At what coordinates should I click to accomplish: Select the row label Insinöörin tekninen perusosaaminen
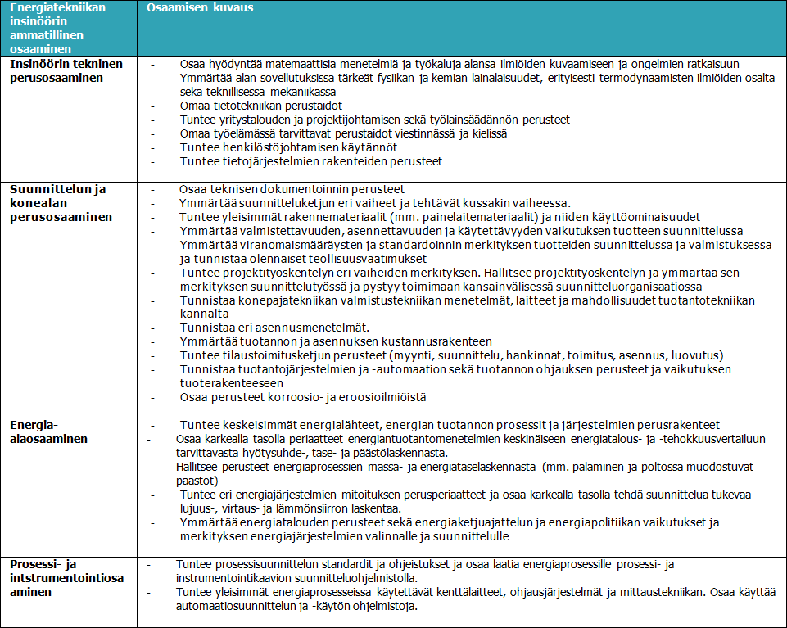66,71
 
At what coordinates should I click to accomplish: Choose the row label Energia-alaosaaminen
48,432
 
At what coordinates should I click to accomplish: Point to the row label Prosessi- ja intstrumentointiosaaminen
66,578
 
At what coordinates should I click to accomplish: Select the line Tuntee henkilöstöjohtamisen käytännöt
288,147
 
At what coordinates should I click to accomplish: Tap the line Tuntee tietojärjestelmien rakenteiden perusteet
310,161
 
